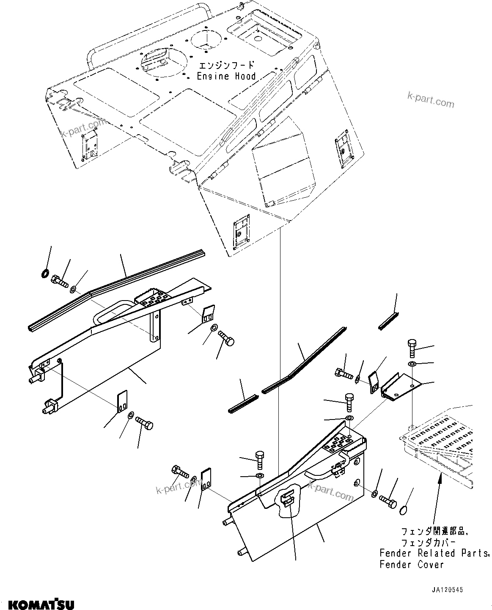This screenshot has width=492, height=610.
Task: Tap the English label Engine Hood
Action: [226, 76]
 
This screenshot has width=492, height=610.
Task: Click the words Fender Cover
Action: [412, 564]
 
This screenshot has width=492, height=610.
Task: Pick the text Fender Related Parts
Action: [434, 553]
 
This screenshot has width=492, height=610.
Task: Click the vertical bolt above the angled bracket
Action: [413, 348]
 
